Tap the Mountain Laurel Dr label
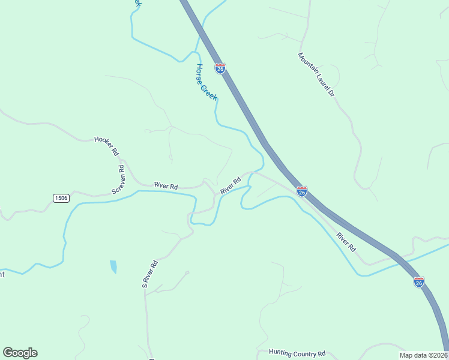[x=316, y=75]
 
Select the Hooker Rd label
[x=107, y=146]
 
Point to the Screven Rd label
[x=118, y=179]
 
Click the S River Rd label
[x=149, y=274]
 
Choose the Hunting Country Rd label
[x=297, y=353]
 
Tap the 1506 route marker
[x=61, y=197]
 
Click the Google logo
[x=20, y=353]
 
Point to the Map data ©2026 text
[x=423, y=355]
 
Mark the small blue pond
[x=113, y=266]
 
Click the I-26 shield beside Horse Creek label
[x=220, y=68]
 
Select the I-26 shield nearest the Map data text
[x=418, y=281]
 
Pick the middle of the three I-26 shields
[x=302, y=191]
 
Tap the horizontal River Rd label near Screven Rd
[x=166, y=186]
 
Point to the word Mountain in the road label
[x=307, y=63]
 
